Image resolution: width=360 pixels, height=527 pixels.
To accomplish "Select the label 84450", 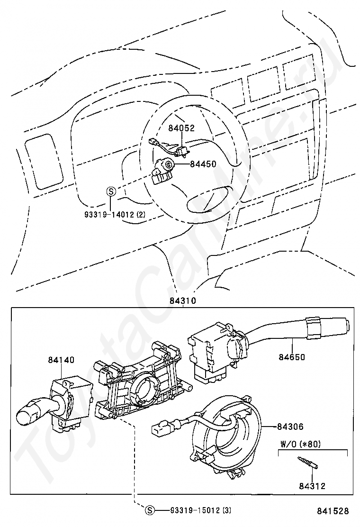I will (203, 164).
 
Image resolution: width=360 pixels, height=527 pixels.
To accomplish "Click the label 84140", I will (61, 360).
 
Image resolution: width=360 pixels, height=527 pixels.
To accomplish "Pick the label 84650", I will (292, 357).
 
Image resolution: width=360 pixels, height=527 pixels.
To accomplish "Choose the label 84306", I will (291, 427).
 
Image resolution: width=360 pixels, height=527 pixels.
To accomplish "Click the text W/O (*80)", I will (301, 445).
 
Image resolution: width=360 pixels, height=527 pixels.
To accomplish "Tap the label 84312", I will (312, 486).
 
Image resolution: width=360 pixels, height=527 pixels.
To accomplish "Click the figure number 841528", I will (333, 511).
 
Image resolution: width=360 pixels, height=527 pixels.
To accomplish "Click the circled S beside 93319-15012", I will (150, 510).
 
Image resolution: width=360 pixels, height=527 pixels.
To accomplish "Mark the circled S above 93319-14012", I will (110, 191).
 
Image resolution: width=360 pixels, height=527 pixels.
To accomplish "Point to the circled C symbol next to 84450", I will (168, 164).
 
